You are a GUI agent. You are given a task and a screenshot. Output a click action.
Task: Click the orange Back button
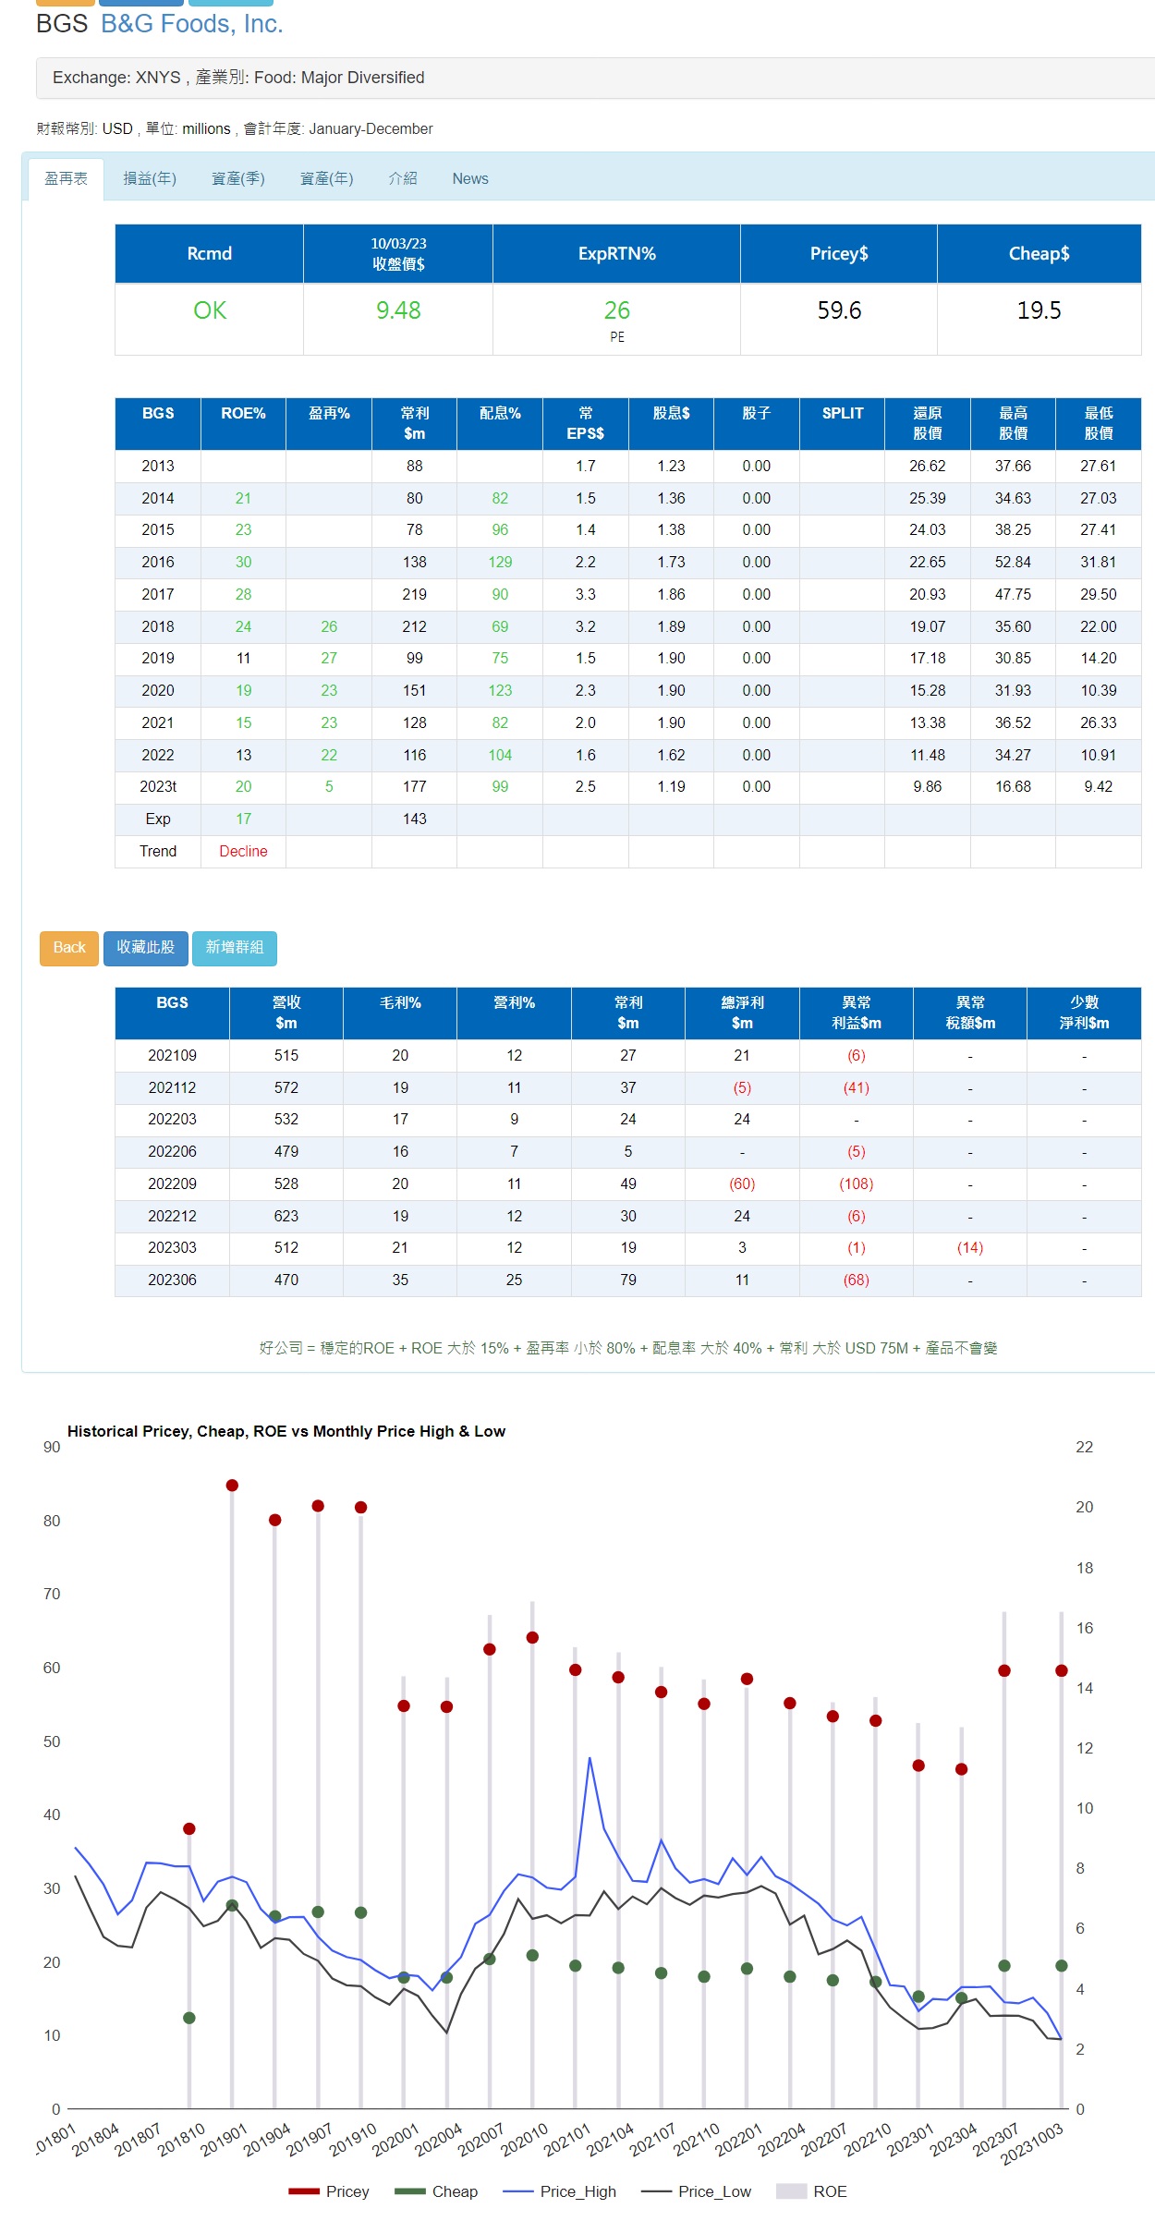[x=69, y=948]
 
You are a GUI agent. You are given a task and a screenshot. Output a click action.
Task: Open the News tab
[x=470, y=179]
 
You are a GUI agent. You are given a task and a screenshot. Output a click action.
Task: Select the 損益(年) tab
[x=150, y=179]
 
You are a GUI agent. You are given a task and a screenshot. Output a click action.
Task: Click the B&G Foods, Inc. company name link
[x=192, y=24]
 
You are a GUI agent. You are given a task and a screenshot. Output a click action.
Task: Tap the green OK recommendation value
[x=210, y=310]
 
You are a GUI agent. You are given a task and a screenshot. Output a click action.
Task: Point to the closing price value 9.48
[x=398, y=310]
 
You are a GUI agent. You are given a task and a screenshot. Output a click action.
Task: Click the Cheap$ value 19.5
[x=1039, y=310]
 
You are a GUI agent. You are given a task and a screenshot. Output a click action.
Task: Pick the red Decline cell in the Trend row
[x=243, y=852]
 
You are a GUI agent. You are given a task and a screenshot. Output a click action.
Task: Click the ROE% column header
[x=243, y=414]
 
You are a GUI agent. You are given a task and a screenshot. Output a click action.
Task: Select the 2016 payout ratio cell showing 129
[x=500, y=563]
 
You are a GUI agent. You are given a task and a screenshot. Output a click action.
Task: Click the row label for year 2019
[x=158, y=659]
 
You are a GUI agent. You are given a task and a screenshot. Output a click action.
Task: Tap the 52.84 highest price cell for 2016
[x=1013, y=563]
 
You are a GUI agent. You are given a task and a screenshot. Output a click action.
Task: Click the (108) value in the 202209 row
[x=857, y=1184]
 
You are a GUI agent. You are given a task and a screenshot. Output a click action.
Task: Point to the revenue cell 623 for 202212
[x=286, y=1217]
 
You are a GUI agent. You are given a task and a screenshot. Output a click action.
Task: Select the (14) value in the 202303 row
[x=970, y=1248]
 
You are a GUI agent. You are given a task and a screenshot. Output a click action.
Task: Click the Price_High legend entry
[x=560, y=2191]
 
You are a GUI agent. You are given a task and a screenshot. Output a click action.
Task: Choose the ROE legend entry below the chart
[x=812, y=2191]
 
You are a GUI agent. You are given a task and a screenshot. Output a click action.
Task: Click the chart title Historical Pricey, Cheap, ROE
[x=286, y=1431]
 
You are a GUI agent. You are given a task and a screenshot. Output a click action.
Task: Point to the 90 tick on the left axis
[x=52, y=1448]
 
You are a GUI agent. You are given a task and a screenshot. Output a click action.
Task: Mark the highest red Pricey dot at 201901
[x=232, y=1486]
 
